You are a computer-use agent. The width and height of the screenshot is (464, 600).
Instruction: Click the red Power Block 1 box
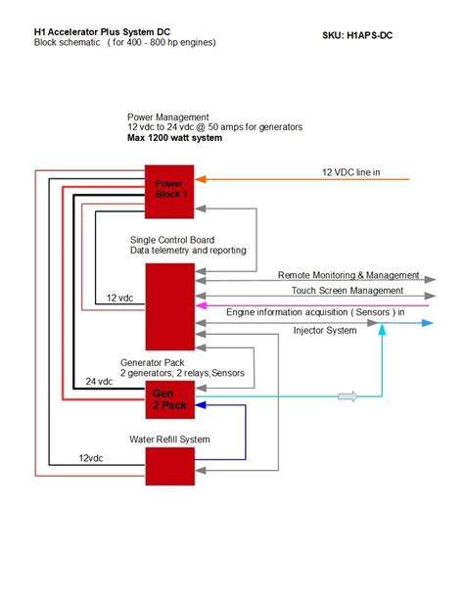click(170, 188)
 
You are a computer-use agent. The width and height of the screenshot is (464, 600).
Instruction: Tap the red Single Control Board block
click(170, 306)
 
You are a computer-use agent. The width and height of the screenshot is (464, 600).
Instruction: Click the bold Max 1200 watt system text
click(175, 138)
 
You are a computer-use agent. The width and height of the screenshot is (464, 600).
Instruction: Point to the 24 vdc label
click(100, 382)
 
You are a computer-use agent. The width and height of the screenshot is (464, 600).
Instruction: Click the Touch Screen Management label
click(348, 291)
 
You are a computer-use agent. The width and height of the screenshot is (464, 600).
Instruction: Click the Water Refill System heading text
click(169, 438)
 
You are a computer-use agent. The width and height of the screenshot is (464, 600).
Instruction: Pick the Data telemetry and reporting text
click(187, 252)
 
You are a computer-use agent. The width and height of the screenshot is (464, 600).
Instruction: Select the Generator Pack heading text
click(153, 362)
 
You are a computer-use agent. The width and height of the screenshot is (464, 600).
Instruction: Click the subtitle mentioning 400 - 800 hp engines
click(125, 43)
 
